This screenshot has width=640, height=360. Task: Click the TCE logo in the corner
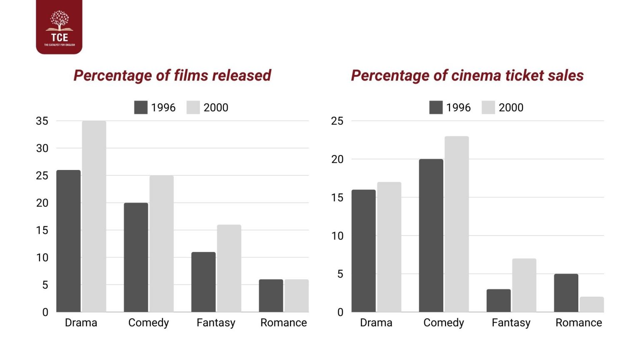pyautogui.click(x=59, y=27)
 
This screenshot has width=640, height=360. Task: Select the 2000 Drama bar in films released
pyautogui.click(x=94, y=216)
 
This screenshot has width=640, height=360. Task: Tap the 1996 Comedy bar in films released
pyautogui.click(x=136, y=257)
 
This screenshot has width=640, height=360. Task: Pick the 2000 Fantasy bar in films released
pyautogui.click(x=229, y=268)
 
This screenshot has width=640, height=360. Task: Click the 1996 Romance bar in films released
pyautogui.click(x=271, y=295)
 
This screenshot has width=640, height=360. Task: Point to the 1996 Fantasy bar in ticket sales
pyautogui.click(x=498, y=300)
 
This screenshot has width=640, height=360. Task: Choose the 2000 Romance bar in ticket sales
pyautogui.click(x=591, y=304)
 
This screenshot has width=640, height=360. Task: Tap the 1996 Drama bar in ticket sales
pyautogui.click(x=363, y=251)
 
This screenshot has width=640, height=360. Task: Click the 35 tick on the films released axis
pyautogui.click(x=42, y=121)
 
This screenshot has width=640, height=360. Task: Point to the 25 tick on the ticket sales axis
pyautogui.click(x=337, y=121)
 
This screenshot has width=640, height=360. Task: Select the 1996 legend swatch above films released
pyautogui.click(x=141, y=107)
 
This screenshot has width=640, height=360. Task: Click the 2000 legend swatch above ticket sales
pyautogui.click(x=488, y=107)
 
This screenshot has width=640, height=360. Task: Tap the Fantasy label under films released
pyautogui.click(x=216, y=323)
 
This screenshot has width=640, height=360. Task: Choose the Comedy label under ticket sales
pyautogui.click(x=443, y=323)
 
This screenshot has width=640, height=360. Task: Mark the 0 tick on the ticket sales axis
pyautogui.click(x=340, y=312)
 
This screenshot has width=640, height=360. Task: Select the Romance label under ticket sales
pyautogui.click(x=578, y=323)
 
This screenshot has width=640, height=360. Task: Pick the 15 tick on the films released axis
pyautogui.click(x=42, y=230)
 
